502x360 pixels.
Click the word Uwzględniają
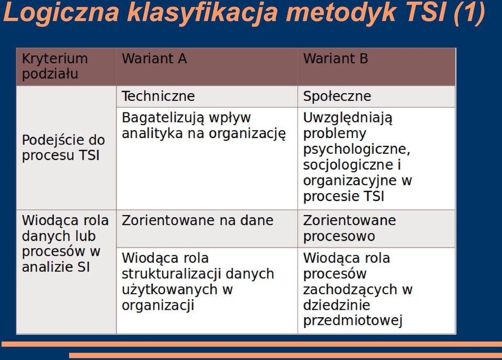pyautogui.click(x=348, y=118)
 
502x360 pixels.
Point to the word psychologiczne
pyautogui.click(x=356, y=149)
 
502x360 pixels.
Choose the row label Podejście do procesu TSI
pyautogui.click(x=63, y=148)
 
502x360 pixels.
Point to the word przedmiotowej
pyautogui.click(x=352, y=321)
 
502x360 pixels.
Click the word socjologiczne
pyautogui.click(x=348, y=165)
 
